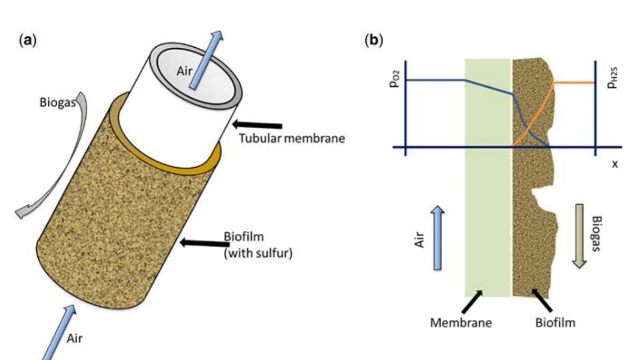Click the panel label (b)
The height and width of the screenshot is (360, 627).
pyautogui.click(x=374, y=40)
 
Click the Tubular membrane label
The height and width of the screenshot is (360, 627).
pyautogui.click(x=292, y=138)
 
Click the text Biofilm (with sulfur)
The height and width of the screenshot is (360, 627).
pyautogui.click(x=258, y=245)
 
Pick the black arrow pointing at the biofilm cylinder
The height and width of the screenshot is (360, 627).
pyautogui.click(x=203, y=243)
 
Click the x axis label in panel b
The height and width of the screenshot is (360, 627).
pyautogui.click(x=614, y=164)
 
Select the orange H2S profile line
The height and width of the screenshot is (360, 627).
pyautogui.click(x=572, y=83)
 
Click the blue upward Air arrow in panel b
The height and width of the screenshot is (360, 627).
pyautogui.click(x=437, y=237)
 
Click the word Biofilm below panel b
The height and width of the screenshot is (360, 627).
pyautogui.click(x=555, y=323)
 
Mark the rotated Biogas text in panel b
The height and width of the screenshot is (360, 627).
pyautogui.click(x=597, y=236)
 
